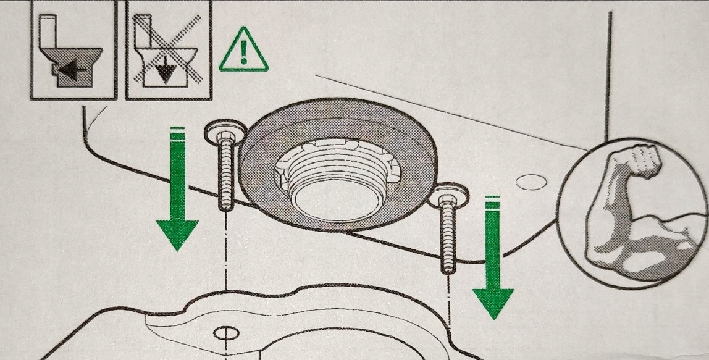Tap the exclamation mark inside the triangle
pyautogui.click(x=243, y=53)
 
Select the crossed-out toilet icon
pyautogui.click(x=169, y=49)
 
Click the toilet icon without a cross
pyautogui.click(x=73, y=49)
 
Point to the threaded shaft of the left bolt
pyautogui.click(x=225, y=176)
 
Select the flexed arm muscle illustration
pyautogui.click(x=633, y=213)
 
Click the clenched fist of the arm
pyautogui.click(x=646, y=159)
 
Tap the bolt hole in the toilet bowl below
pyautogui.click(x=226, y=333)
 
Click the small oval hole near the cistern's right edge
pyautogui.click(x=531, y=182)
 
